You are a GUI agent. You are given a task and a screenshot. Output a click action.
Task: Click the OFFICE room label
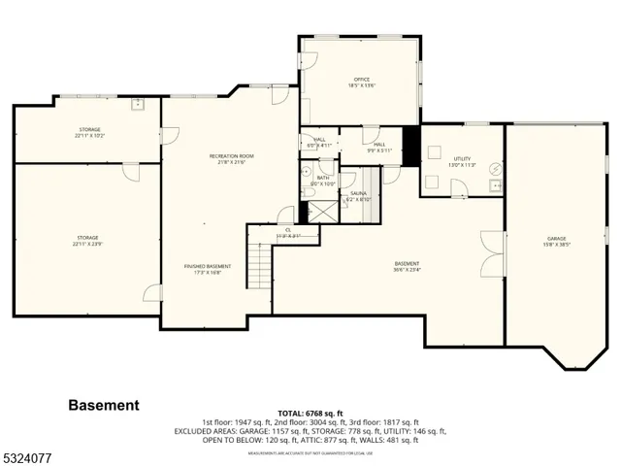pos(361,80)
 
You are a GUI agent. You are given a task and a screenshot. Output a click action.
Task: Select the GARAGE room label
pos(556,238)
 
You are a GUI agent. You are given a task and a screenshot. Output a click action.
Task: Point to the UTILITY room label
pos(461,158)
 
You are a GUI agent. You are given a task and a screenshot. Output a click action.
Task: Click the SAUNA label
pos(358,193)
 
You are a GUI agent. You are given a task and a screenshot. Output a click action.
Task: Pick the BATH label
pos(324,178)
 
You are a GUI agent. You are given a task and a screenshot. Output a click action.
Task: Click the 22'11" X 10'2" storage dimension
pos(89,136)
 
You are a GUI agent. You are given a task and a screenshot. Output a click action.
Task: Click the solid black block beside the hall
pos(409,145)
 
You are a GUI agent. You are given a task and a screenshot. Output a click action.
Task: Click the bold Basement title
pos(103,405)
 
